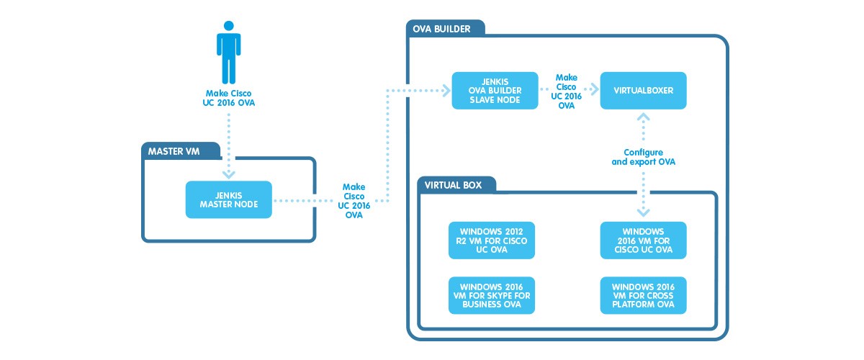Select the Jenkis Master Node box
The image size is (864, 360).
pos(229,199)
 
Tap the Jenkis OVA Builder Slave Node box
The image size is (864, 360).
pos(495,91)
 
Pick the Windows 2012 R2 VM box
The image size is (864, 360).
pos(491,240)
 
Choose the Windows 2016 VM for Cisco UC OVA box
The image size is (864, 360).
pos(644,240)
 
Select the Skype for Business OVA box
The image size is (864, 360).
pos(491,295)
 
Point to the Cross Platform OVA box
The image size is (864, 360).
pos(644,295)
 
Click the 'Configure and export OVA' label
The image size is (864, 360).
pos(644,157)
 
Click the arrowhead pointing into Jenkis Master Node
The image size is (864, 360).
pos(229,174)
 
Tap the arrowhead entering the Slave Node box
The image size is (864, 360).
pos(445,91)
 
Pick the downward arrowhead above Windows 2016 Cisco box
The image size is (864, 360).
pos(644,212)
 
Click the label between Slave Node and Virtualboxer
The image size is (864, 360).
pos(567,91)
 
